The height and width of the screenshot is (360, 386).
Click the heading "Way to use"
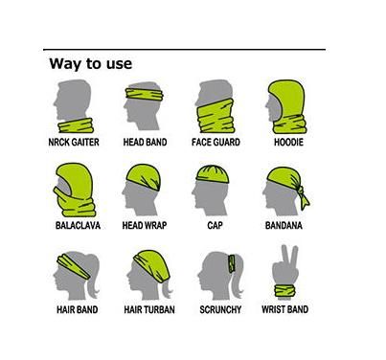91,63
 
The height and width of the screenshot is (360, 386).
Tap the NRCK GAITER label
74,142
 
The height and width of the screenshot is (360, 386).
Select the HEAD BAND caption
145,142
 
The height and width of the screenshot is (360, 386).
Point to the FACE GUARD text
216,142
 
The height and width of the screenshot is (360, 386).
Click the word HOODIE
288,142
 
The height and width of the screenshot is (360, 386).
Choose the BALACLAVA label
78,226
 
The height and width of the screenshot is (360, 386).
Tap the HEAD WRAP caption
145,226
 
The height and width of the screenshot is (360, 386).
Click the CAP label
215,226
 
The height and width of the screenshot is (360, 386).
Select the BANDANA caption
284,226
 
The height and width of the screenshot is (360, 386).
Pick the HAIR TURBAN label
149,309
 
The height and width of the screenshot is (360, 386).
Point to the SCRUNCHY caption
220,309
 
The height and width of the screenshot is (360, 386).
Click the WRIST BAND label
284,309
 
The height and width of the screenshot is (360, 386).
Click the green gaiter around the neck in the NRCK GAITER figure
76,125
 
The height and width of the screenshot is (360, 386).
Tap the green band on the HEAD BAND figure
145,94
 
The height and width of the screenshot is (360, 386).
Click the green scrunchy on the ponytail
232,263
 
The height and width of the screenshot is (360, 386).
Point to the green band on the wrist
285,291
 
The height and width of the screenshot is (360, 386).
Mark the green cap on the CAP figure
213,174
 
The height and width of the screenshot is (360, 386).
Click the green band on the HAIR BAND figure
74,267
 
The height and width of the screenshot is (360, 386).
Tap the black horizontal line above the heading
184,50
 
